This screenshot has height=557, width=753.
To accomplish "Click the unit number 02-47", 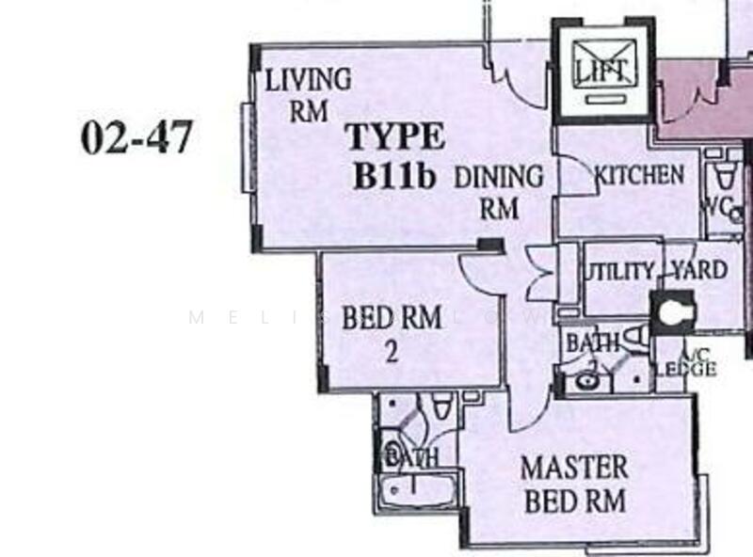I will (136, 137).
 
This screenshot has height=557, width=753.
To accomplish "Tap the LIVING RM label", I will (307, 94).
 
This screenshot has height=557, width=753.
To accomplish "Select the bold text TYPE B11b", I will (396, 156).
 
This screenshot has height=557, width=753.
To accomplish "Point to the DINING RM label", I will (499, 191).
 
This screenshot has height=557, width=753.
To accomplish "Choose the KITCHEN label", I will (639, 174).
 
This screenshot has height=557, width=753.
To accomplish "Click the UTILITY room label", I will (618, 272).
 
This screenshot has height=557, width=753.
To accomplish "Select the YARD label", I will (697, 271).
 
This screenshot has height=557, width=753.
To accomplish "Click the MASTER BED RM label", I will (573, 483).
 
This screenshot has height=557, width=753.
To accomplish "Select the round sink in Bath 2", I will (586, 381).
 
